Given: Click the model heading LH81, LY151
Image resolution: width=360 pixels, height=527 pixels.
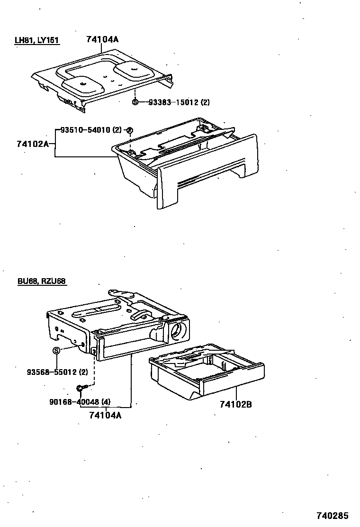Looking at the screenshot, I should (x=36, y=40).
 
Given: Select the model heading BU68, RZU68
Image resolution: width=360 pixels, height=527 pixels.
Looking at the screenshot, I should (x=41, y=281).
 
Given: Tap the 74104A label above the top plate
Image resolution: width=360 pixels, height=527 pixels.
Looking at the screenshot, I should (x=102, y=39).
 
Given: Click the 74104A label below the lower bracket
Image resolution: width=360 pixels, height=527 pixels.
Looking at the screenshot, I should (x=105, y=416).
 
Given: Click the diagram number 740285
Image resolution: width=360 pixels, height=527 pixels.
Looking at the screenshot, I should (x=332, y=515).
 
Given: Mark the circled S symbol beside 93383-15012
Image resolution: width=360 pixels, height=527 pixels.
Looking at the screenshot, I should (x=135, y=102).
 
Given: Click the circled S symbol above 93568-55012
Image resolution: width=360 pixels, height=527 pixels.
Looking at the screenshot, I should (x=57, y=350).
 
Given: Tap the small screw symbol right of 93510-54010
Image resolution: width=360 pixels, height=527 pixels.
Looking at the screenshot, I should (x=130, y=130).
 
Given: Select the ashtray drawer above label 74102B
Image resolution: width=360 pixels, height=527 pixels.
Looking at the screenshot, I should (x=206, y=372).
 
